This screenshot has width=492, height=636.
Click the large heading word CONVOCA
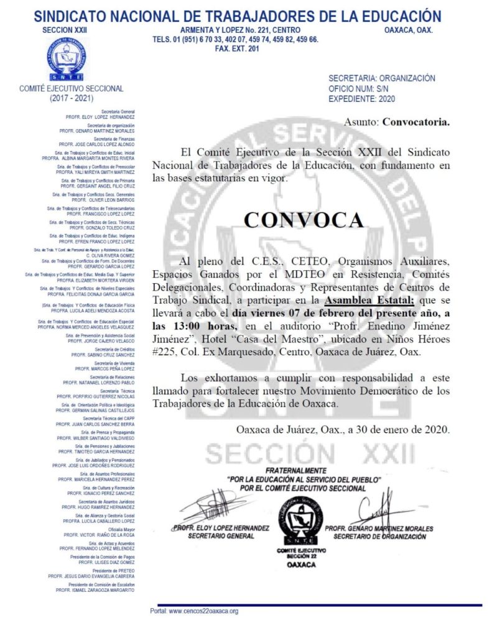pyautogui.click(x=303, y=220)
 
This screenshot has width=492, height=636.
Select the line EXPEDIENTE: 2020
pyautogui.click(x=361, y=98)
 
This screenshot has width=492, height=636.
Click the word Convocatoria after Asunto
pyautogui.click(x=415, y=122)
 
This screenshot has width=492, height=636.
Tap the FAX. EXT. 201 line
pyautogui.click(x=235, y=48)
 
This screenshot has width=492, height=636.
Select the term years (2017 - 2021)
pyautogui.click(x=71, y=98)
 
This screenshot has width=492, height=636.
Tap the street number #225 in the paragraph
pyautogui.click(x=163, y=352)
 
